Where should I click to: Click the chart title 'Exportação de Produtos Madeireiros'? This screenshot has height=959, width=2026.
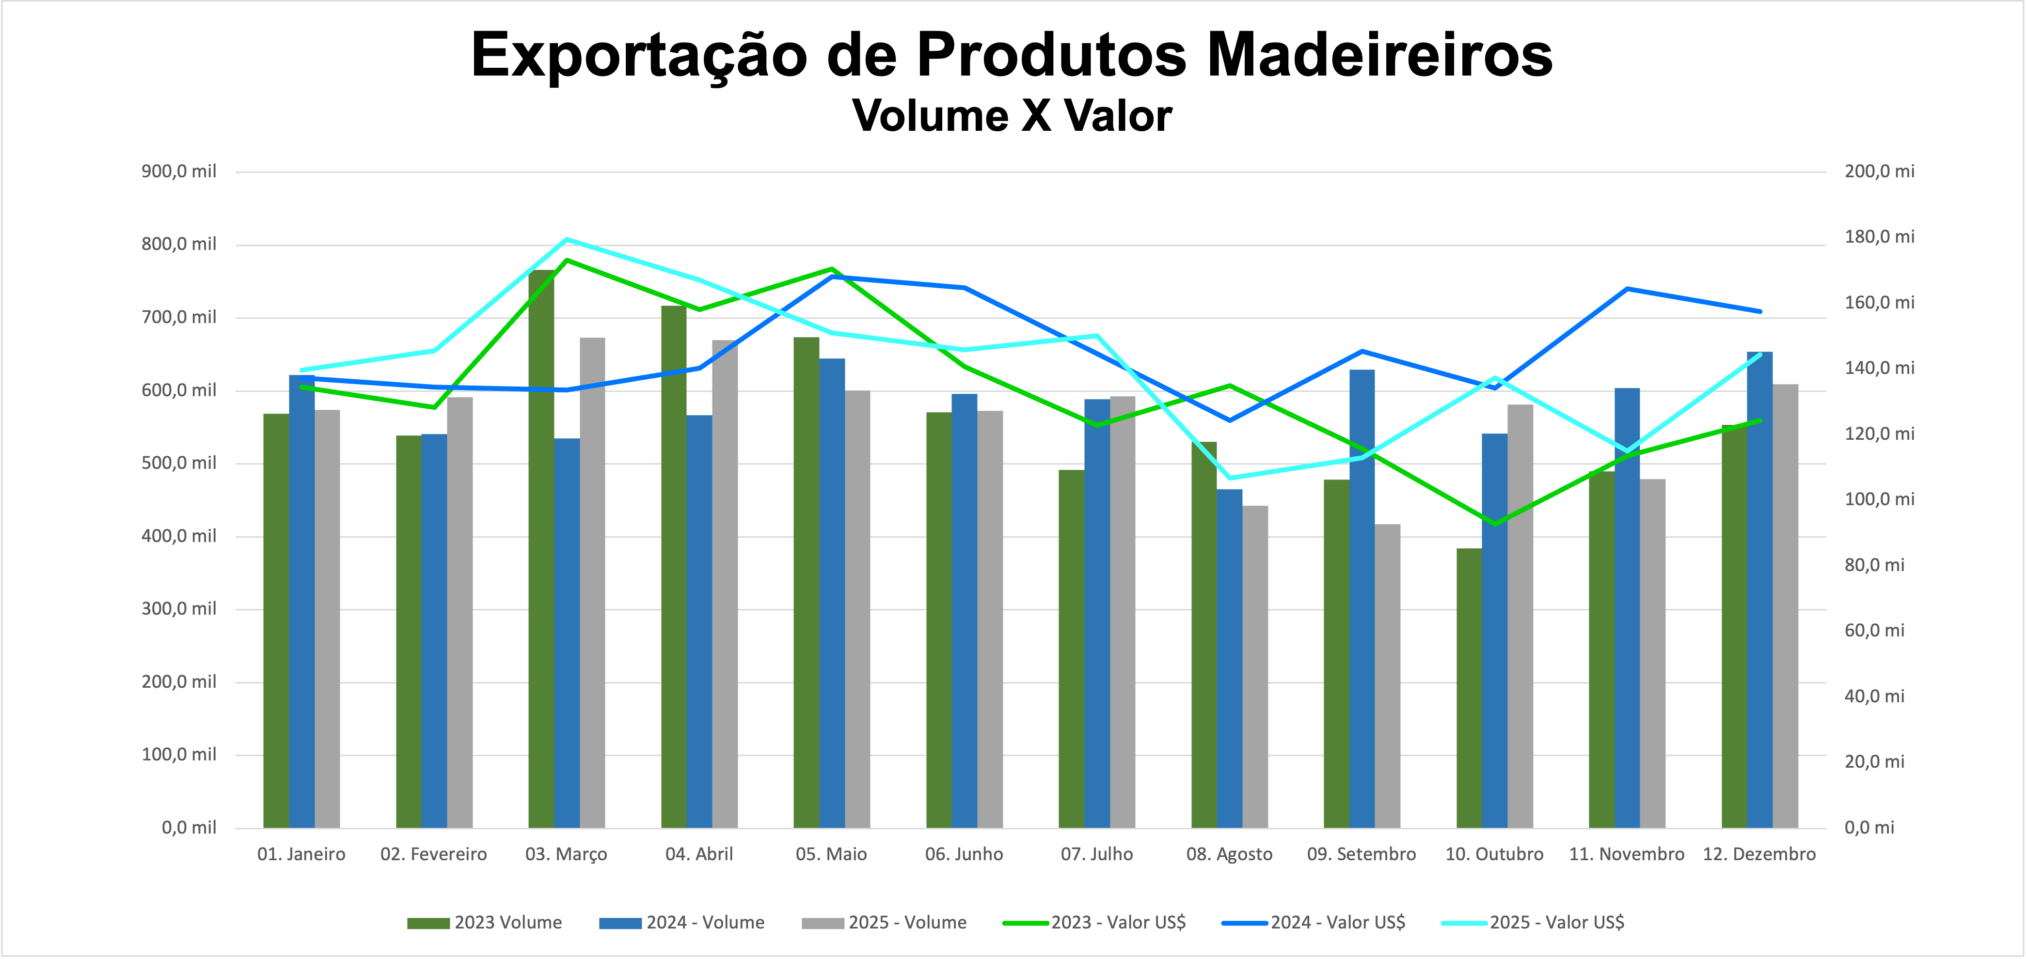tap(1012, 55)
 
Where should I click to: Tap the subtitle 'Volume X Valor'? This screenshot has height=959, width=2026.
tap(1012, 116)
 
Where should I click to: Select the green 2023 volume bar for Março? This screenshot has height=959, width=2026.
tap(541, 550)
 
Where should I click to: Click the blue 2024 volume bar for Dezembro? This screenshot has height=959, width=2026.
tap(1759, 589)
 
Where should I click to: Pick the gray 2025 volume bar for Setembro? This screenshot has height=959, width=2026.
tap(1387, 676)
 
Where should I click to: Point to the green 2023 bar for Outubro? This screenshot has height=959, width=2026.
tap(1469, 688)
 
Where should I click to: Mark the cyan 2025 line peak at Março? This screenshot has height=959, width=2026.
tap(566, 239)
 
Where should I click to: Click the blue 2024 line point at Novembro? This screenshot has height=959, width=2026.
tap(1627, 289)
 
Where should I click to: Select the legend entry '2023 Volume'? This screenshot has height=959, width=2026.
tap(485, 923)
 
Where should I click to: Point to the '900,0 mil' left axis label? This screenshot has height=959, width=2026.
tap(178, 171)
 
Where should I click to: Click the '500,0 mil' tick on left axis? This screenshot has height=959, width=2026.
tap(178, 463)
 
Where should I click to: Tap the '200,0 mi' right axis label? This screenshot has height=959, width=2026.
tap(1879, 171)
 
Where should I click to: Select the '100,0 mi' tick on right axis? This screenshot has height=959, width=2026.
tap(1879, 499)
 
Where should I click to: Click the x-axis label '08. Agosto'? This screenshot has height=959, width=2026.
tap(1229, 854)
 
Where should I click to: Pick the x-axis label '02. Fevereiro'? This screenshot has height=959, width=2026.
tap(433, 854)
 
